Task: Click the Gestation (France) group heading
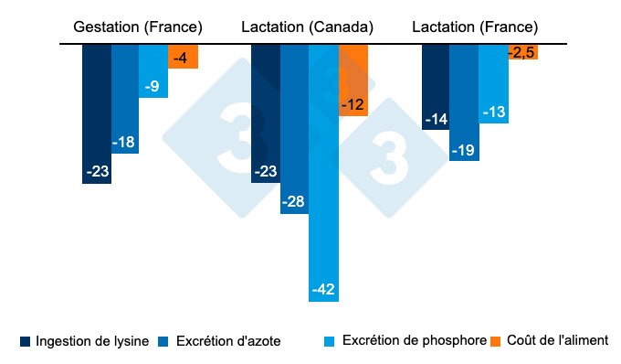138,27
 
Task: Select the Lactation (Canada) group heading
307,27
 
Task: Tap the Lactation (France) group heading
475,27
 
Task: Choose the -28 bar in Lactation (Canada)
294,128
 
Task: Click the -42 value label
323,291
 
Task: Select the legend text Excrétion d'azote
229,340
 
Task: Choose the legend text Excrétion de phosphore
414,340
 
